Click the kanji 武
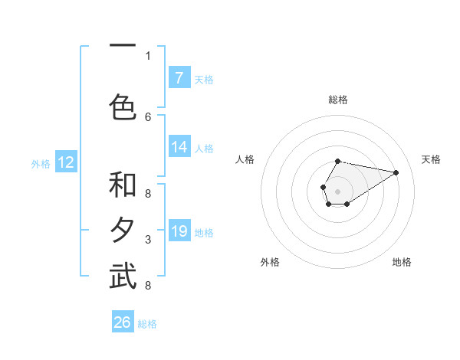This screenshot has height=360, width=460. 123,277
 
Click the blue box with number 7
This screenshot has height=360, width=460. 179,77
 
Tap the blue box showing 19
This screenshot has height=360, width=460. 179,231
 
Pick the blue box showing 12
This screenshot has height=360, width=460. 66,162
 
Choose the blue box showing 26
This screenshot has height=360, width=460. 123,322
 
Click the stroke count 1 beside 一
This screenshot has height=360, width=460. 148,55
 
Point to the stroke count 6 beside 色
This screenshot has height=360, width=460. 148,116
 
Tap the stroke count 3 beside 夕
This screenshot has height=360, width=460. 148,240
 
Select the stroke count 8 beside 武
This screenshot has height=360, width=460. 148,286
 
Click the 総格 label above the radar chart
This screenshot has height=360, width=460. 338,100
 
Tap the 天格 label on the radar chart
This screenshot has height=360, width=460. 431,159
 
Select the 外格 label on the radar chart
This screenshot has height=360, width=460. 270,262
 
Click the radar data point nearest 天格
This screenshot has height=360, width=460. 396,172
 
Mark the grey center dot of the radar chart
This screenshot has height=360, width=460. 337,190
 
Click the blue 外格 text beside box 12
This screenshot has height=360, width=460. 41,163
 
